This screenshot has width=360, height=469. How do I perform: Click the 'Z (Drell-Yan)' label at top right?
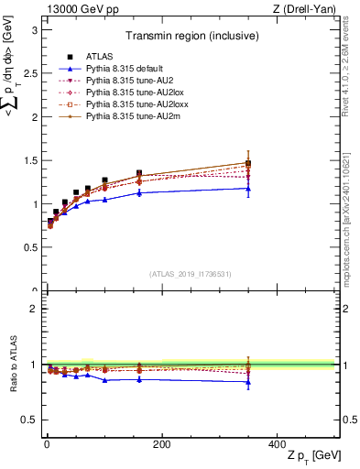(306, 9)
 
